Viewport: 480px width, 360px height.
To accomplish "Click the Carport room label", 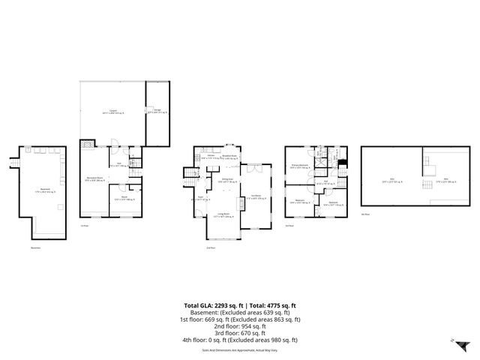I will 113,112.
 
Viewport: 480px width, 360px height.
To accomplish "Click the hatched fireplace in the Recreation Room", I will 88,145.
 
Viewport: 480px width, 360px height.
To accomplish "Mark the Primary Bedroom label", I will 298,167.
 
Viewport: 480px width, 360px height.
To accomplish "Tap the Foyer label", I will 199,199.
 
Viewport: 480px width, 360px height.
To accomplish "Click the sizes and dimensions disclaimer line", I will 239,350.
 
